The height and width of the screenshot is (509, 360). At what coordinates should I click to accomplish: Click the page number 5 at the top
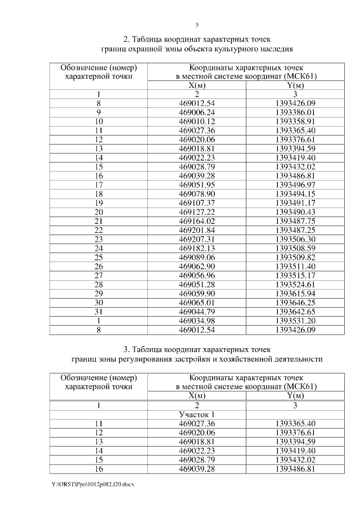pyautogui.click(x=197, y=25)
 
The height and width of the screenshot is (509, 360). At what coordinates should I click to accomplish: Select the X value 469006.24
pyautogui.click(x=197, y=112)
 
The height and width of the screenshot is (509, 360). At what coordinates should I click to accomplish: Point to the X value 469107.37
pyautogui.click(x=197, y=202)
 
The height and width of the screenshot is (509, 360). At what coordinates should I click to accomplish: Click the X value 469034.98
pyautogui.click(x=197, y=320)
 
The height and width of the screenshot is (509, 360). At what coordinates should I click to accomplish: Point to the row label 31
pyautogui.click(x=98, y=311)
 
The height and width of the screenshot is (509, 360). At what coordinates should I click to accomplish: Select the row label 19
pyautogui.click(x=98, y=202)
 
